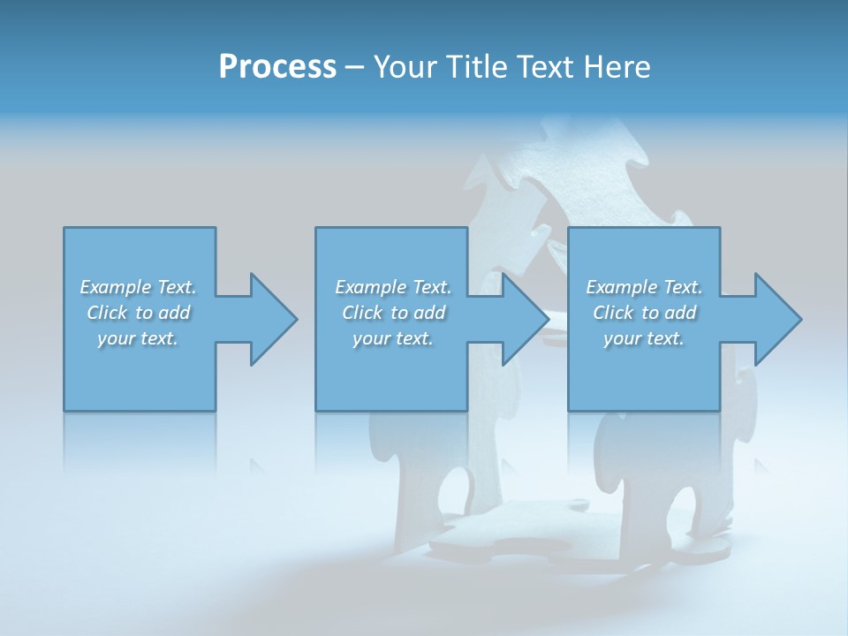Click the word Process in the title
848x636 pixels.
(x=277, y=66)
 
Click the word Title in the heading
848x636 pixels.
(x=477, y=66)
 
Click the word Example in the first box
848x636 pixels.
(x=116, y=287)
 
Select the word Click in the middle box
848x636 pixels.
(x=360, y=313)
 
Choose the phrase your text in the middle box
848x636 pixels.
(x=393, y=338)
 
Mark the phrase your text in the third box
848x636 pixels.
(x=644, y=338)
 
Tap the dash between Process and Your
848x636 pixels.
(x=353, y=67)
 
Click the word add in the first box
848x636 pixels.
(x=174, y=313)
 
